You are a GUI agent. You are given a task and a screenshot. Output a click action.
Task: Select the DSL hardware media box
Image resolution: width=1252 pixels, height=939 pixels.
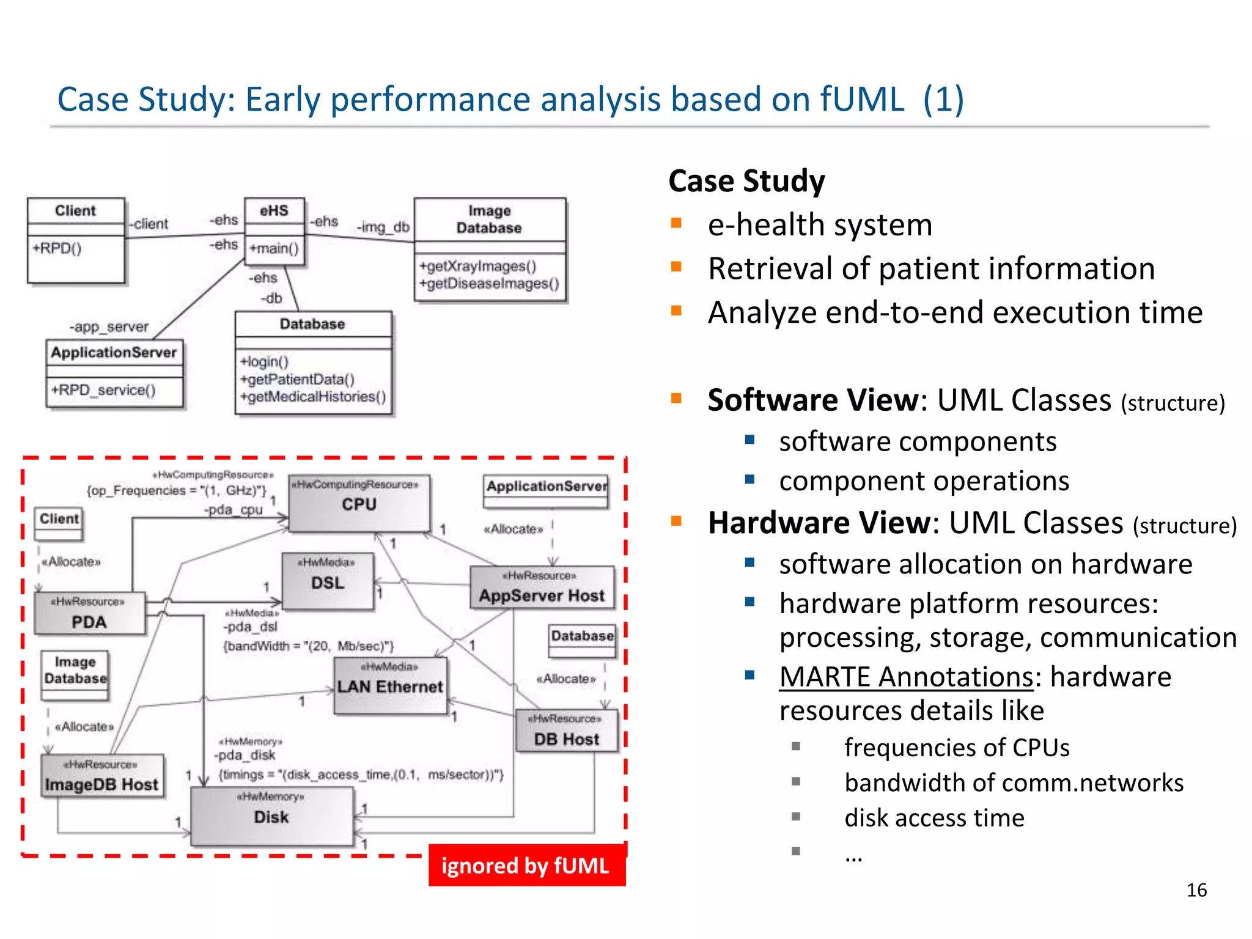[x=328, y=581]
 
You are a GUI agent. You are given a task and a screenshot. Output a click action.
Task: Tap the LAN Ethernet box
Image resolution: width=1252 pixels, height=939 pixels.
[x=390, y=685]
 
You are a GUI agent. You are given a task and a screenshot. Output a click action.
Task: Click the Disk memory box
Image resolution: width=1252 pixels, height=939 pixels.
[x=271, y=816]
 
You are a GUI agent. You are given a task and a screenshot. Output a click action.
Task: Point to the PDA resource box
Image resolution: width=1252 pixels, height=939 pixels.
[x=89, y=614]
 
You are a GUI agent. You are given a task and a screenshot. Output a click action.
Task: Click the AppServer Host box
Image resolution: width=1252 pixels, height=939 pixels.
[x=542, y=587]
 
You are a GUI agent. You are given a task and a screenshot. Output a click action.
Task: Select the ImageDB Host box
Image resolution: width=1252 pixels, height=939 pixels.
[x=102, y=776]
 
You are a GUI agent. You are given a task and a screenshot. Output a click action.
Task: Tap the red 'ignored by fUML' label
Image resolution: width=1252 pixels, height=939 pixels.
[x=526, y=866]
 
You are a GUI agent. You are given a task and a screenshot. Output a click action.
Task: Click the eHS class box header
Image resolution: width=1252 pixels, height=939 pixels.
[x=274, y=211]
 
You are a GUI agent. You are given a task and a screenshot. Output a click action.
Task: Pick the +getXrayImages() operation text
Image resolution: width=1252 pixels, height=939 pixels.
[x=477, y=266]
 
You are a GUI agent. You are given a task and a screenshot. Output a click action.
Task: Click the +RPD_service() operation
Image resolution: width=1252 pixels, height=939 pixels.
[x=104, y=390]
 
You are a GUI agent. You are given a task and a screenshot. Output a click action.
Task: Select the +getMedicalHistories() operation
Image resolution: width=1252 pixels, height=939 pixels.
[x=313, y=397]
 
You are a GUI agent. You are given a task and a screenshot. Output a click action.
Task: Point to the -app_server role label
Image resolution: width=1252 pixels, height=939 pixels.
[x=109, y=326]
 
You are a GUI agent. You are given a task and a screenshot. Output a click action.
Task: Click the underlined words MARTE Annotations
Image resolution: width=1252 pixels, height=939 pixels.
[x=905, y=677]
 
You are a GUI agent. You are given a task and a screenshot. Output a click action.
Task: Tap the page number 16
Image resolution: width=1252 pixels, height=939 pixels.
[x=1196, y=890]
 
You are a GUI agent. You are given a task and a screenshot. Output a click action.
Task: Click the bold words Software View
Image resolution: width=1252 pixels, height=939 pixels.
[x=813, y=400]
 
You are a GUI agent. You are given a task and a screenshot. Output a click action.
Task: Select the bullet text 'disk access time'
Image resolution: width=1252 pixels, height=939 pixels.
[x=934, y=818]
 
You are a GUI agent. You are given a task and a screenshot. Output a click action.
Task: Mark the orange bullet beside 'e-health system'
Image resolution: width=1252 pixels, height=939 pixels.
[x=676, y=223]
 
